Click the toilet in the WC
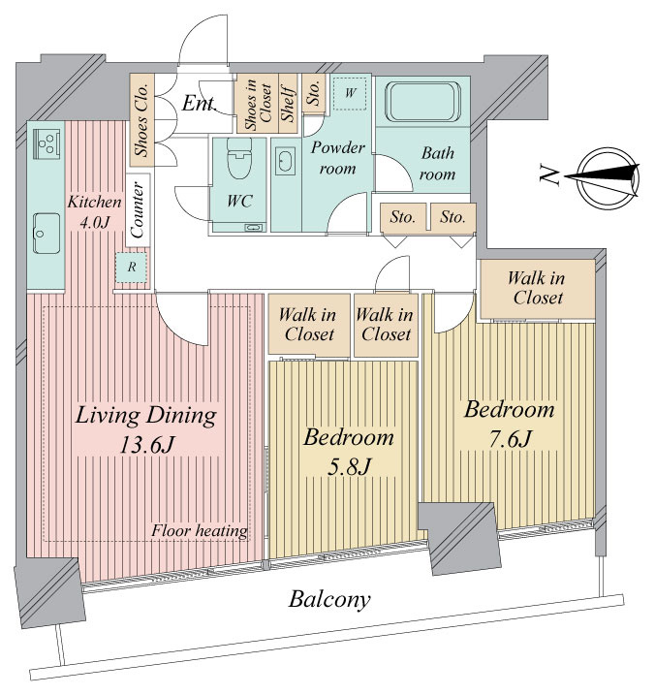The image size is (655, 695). point(239,158)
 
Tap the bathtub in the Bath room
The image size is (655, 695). point(422,102)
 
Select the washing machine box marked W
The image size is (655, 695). point(350,93)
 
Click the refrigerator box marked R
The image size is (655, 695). point(132,267)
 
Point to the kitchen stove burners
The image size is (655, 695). point(47,142)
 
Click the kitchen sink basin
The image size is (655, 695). point(47,234)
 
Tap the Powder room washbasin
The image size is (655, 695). point(285,160)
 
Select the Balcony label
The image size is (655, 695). point(329,600)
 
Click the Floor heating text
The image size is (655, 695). point(200,530)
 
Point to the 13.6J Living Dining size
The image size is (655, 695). point(147,445)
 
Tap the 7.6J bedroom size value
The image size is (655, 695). point(510,439)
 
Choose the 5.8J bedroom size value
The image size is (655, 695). point(349,467)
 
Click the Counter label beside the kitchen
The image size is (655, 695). point(138,210)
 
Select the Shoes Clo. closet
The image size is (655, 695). point(141,119)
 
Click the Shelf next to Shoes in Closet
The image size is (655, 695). point(288,104)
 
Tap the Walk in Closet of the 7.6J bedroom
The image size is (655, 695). point(538,289)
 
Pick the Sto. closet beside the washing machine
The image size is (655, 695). point(314,93)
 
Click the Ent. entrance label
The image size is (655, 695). point(199,104)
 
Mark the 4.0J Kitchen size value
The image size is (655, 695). point(94,223)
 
